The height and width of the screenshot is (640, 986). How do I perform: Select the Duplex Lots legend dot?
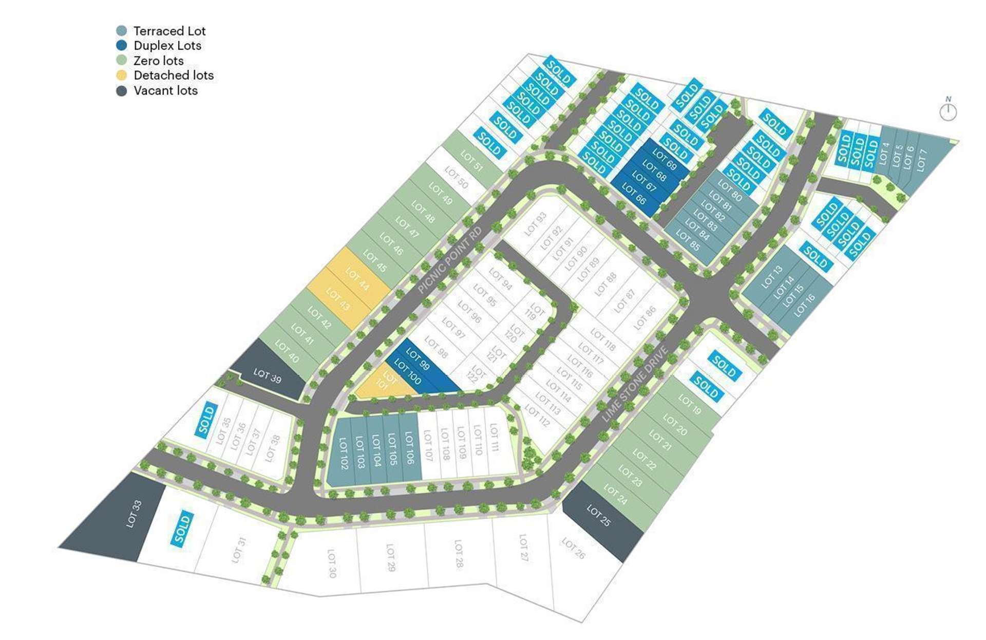(122, 46)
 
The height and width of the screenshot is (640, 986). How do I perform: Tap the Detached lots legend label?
(174, 76)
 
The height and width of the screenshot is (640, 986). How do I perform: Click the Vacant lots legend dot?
(122, 91)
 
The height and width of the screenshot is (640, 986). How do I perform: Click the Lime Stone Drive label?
(635, 384)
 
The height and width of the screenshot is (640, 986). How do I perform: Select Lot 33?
(134, 514)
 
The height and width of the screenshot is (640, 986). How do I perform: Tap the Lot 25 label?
(599, 515)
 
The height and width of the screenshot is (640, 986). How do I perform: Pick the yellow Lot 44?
(357, 278)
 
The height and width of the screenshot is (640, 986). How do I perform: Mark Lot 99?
(418, 359)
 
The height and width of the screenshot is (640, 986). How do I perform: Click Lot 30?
(332, 563)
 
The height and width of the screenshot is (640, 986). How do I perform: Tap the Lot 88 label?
(605, 284)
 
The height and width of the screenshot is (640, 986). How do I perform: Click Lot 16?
(804, 306)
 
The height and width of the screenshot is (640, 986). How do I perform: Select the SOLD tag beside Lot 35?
(206, 420)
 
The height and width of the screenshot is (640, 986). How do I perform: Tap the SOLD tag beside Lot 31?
(182, 528)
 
